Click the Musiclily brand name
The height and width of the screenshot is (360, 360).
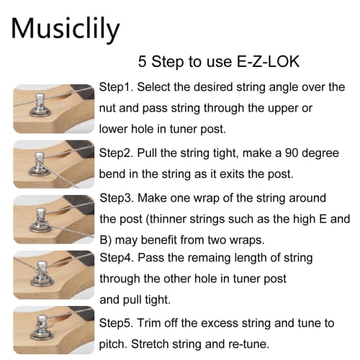click(x=66, y=28)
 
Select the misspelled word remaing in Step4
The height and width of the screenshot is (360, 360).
click(x=226, y=257)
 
